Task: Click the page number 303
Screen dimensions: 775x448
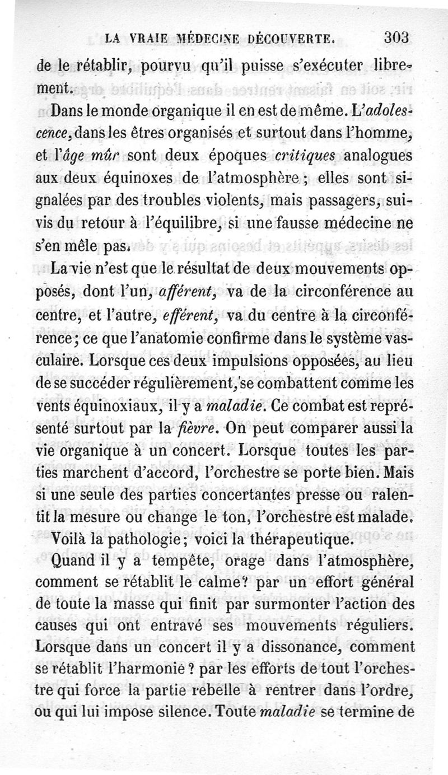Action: (398, 39)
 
